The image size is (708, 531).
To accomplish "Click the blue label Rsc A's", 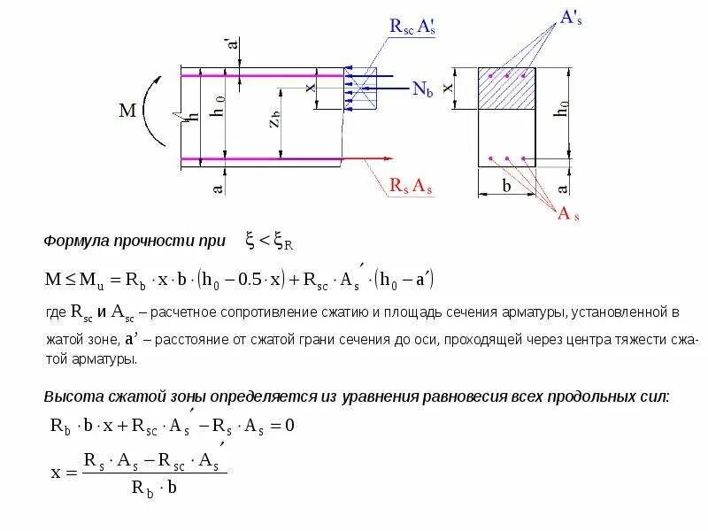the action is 412,27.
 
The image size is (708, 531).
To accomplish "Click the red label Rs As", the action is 411,186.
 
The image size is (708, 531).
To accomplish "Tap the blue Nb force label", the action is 422,88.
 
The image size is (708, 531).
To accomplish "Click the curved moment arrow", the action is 153,112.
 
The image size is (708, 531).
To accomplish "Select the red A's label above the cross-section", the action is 572,19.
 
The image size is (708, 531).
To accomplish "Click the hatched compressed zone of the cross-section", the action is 507,88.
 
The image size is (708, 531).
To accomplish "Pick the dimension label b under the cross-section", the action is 506,187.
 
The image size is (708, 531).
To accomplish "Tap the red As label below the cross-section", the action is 568,213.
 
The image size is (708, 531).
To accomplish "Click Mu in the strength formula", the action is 89,281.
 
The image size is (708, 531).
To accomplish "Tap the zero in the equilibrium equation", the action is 289,425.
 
